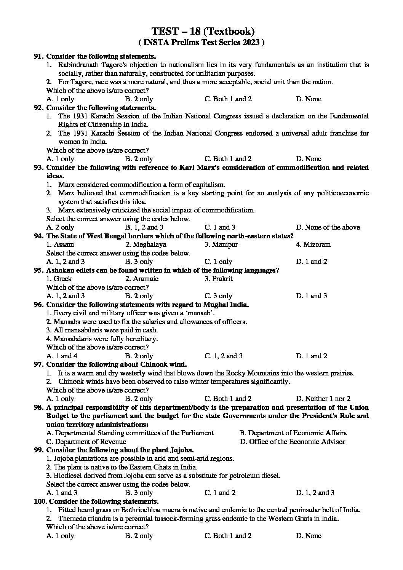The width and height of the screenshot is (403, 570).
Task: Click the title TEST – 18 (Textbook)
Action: [x=203, y=31]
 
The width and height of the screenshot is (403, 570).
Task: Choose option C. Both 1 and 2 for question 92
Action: [x=228, y=159]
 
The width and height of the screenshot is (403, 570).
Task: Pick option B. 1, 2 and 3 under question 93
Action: [x=141, y=227]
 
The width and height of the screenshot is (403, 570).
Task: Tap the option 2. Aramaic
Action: [x=142, y=279]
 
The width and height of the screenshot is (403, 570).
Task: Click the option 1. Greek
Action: [x=59, y=279]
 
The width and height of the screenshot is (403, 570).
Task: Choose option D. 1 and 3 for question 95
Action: [x=311, y=296]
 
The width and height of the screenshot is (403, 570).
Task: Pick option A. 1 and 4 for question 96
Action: [x=62, y=356]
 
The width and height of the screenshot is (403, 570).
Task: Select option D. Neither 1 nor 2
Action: [x=323, y=399]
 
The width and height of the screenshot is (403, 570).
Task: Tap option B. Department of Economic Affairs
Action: [x=293, y=433]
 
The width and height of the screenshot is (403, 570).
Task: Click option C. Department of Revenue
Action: [x=86, y=442]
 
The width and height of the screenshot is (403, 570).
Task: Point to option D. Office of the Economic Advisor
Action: [x=293, y=442]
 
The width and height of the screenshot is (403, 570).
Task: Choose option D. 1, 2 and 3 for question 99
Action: [x=315, y=493]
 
